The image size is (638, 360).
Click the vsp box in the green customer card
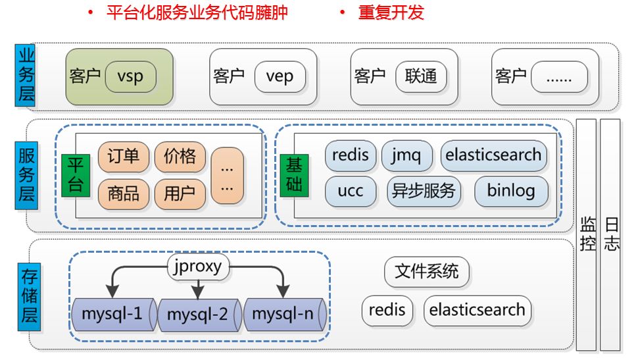tap(130, 76)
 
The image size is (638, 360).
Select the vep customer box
tap(280, 76)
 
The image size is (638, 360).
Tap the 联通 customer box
tap(421, 76)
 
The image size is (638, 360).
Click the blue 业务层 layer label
tap(25, 76)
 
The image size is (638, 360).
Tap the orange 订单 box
tap(123, 156)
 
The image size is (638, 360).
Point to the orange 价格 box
tap(180, 156)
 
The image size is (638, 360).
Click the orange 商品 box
tap(123, 193)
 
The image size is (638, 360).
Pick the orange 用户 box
tap(180, 193)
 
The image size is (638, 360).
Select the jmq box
tap(407, 156)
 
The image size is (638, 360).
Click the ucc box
tap(351, 192)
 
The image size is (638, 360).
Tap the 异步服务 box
tap(423, 192)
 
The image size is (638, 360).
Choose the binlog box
tap(511, 192)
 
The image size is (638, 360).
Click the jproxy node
tap(199, 267)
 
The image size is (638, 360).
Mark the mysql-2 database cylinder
tap(197, 315)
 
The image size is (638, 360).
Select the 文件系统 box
tap(426, 271)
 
